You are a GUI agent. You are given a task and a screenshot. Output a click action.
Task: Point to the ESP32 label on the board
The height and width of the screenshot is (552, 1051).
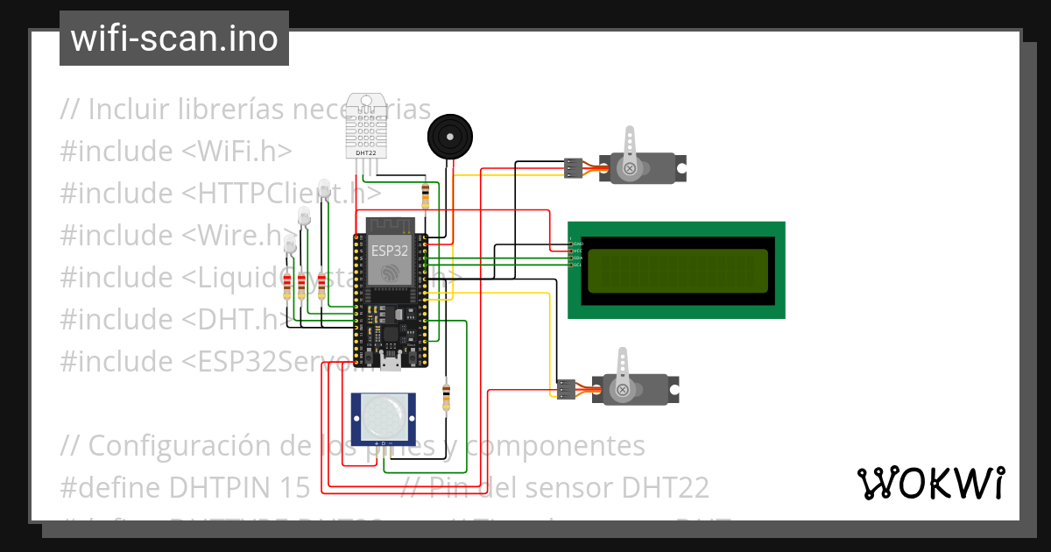click(x=388, y=249)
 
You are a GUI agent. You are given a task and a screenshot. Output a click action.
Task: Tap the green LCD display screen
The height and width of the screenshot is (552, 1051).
click(x=677, y=271)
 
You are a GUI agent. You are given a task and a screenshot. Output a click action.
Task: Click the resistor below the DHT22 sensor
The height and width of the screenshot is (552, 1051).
click(x=426, y=195)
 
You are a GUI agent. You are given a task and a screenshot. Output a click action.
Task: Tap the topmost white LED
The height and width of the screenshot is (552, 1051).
click(x=325, y=188)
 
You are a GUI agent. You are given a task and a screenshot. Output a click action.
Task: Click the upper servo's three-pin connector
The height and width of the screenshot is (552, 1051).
click(x=573, y=168)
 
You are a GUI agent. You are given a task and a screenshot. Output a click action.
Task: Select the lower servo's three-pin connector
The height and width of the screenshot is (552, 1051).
click(x=566, y=389)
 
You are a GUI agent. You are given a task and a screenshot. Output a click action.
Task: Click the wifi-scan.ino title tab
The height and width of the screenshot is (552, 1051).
click(x=174, y=39)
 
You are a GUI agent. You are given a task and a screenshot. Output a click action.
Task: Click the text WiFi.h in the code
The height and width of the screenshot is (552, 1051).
click(x=236, y=151)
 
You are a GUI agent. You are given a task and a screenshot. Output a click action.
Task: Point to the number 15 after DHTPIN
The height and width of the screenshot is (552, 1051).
click(x=293, y=487)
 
